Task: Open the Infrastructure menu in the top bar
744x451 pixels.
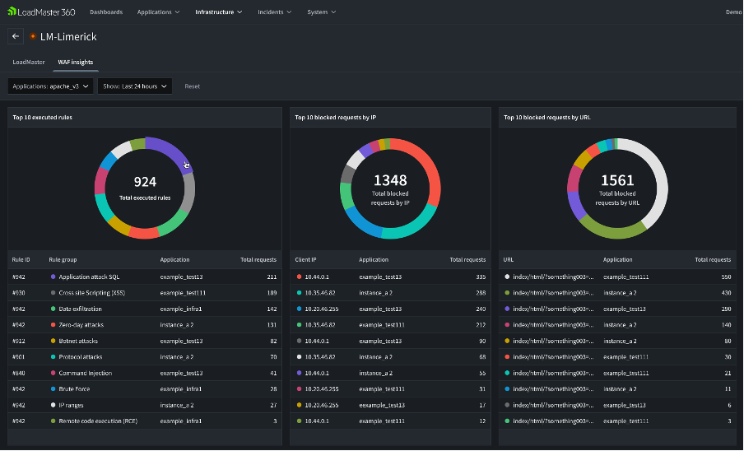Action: (x=218, y=12)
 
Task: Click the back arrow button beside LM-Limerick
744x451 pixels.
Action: (x=16, y=36)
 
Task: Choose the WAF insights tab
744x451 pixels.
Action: (x=75, y=62)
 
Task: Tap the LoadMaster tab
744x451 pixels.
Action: (x=29, y=62)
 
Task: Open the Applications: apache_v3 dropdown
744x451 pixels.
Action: (x=50, y=86)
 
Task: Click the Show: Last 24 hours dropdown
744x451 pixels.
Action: (x=134, y=86)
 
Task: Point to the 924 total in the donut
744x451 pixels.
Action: (x=145, y=182)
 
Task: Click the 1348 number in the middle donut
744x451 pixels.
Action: (x=390, y=179)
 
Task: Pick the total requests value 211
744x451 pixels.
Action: (x=271, y=277)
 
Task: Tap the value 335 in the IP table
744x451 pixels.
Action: (x=480, y=277)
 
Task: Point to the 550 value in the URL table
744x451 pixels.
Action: (x=724, y=277)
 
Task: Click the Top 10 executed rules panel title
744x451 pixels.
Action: (x=42, y=117)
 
